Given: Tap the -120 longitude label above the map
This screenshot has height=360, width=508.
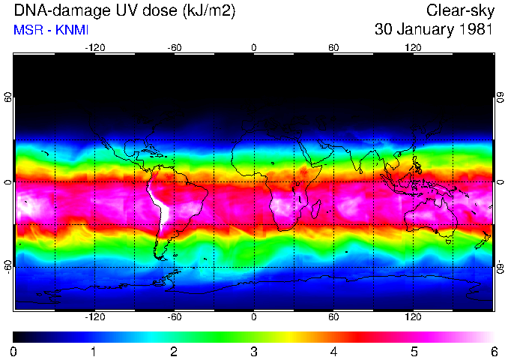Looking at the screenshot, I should [x=94, y=48].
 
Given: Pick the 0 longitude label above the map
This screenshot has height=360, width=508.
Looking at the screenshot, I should [x=254, y=48].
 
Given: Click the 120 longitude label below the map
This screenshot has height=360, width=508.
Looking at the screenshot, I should [x=413, y=316].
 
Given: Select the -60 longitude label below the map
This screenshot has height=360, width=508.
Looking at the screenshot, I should [x=175, y=316].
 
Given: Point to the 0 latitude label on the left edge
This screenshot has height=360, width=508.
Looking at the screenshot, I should [x=9, y=182].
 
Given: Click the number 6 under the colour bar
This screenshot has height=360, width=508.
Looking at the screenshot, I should [x=493, y=351].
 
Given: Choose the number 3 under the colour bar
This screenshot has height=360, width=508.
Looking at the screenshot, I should [x=254, y=351].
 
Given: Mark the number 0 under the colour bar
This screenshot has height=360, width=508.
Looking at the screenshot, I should [x=14, y=351].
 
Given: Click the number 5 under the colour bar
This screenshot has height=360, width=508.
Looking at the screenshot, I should [x=414, y=351].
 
